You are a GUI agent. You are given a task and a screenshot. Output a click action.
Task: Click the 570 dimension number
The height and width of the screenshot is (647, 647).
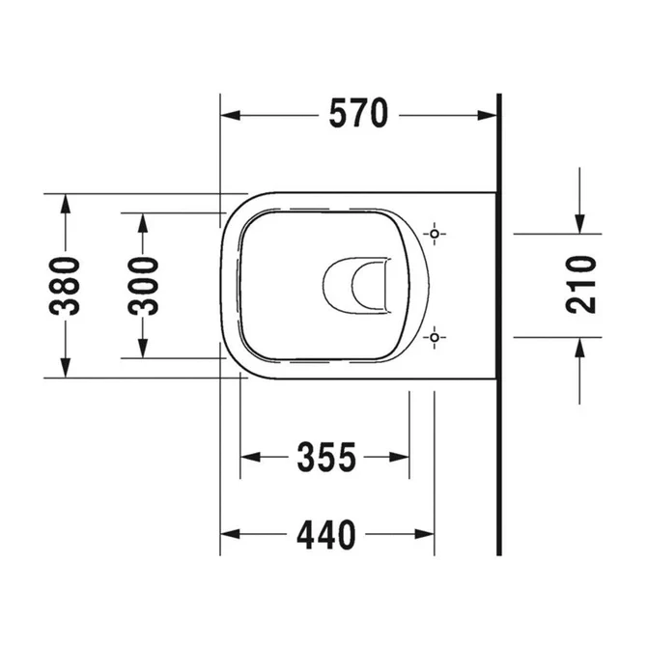[358, 115]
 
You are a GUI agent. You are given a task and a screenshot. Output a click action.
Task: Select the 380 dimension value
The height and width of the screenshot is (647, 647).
[66, 286]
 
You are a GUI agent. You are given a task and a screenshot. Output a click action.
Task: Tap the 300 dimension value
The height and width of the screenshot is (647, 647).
[143, 286]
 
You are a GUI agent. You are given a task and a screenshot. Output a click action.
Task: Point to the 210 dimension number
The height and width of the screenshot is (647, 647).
[580, 285]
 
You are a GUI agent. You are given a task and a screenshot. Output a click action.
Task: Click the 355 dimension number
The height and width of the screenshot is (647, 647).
[325, 457]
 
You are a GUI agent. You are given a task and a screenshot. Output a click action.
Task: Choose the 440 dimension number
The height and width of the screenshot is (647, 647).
[325, 534]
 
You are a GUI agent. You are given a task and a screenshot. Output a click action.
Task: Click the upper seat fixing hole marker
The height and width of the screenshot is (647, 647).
[435, 234]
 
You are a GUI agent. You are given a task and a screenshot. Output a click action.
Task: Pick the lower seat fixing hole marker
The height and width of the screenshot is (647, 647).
[435, 337]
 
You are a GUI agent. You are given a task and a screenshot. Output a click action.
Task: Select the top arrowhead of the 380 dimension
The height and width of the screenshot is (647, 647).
[66, 204]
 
